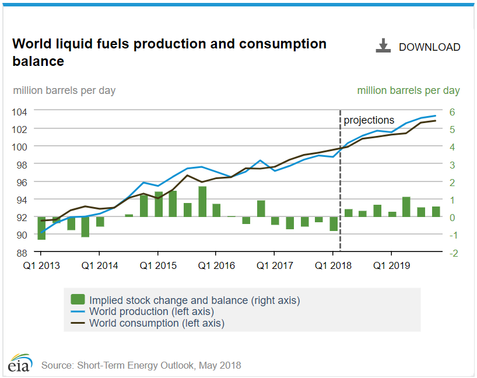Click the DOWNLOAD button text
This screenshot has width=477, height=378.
click(429, 47)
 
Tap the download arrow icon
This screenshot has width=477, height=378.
click(383, 46)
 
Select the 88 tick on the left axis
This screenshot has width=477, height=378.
click(22, 253)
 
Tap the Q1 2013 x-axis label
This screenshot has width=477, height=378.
click(41, 266)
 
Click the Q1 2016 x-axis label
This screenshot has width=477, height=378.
click(216, 266)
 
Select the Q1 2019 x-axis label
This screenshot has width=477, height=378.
click(391, 266)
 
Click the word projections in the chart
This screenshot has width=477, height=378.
click(369, 120)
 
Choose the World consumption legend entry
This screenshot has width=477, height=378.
click(156, 323)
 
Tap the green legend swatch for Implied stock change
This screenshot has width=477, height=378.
click(78, 300)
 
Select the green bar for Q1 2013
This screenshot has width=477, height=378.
click(41, 228)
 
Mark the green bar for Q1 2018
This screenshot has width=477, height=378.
click(334, 224)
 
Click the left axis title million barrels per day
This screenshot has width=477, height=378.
click(64, 90)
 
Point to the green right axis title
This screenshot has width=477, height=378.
click(408, 90)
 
